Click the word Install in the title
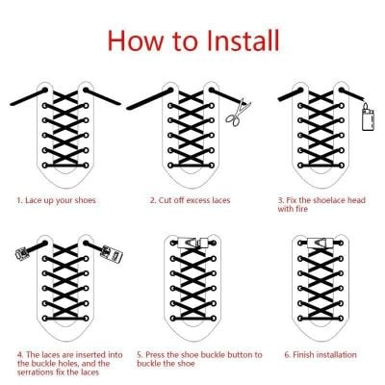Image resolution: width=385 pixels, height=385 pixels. tap(244, 40)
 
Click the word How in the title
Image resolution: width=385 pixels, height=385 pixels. tap(136, 40)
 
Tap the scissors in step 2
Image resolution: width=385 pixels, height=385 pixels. tap(238, 113)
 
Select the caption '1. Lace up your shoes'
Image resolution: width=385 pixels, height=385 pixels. tap(56, 200)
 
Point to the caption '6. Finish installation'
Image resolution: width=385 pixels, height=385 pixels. tap(321, 355)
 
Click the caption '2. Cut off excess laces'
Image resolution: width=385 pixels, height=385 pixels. tap(191, 200)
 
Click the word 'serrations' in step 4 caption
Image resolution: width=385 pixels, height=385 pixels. tap(36, 372)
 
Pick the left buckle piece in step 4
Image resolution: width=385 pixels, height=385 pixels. tap(23, 253)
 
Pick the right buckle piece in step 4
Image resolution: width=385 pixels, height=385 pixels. tap(112, 254)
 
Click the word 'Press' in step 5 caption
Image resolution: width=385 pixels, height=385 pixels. tap(155, 355)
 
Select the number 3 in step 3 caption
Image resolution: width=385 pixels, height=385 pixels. tap(281, 200)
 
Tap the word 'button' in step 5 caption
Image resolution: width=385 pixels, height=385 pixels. tap(241, 355)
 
